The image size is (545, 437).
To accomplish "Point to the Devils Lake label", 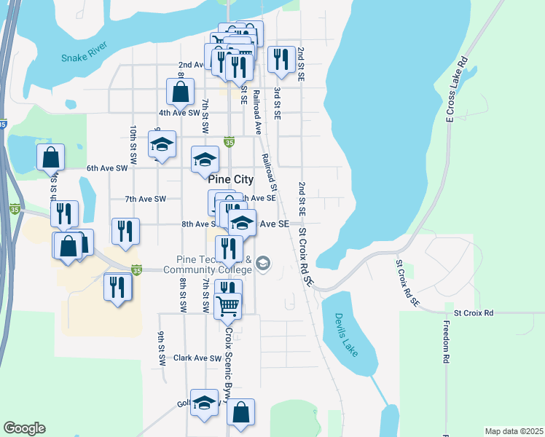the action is pos(346,334).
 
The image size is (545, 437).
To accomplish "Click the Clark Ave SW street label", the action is pos(197,358).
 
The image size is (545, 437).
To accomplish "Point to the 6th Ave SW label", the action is pos(107,168).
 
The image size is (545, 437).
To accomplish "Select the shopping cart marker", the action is pos(228,305).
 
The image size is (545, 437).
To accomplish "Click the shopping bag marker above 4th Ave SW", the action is pos(180,92).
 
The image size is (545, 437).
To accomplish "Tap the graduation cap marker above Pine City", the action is pos(205,159).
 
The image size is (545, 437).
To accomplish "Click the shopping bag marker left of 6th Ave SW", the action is pos(50,157).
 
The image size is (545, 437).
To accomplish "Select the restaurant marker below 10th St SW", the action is pos(125,231).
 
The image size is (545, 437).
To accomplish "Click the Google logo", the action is pos(24,428).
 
